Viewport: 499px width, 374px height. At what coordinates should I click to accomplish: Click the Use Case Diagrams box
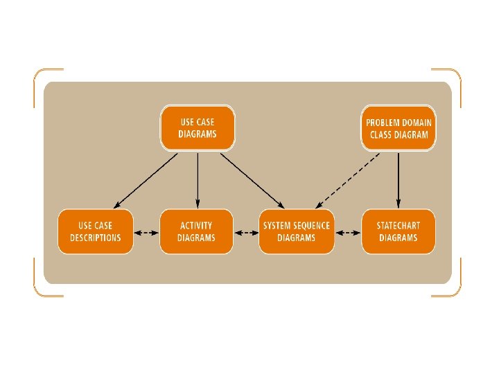198,128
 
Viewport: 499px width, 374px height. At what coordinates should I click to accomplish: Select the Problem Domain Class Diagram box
399,128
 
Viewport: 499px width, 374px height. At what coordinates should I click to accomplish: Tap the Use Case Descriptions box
96,231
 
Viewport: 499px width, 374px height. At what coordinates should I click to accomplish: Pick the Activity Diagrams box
196,231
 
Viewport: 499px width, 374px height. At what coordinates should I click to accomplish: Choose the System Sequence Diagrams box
297,231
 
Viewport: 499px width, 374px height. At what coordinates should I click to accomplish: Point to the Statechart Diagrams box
399,231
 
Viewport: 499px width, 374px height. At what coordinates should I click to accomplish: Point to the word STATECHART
399,226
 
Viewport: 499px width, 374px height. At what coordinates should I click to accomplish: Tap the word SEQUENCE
313,226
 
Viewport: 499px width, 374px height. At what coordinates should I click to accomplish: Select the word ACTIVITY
196,226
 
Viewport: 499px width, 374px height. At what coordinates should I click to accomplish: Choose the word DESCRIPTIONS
96,238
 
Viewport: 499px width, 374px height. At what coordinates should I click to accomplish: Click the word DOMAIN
419,123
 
